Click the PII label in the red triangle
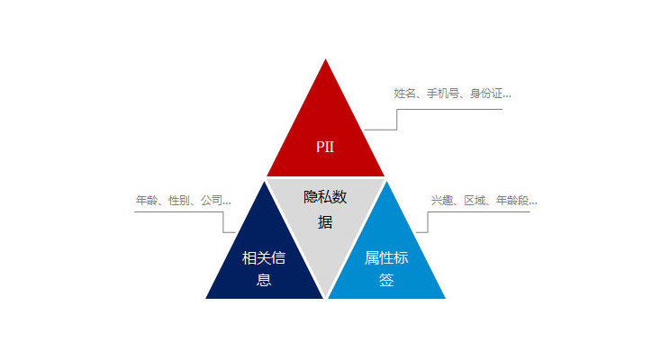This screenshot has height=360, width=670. point(324,146)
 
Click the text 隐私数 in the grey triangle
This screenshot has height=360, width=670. point(325,197)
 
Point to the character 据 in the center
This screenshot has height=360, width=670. point(325,221)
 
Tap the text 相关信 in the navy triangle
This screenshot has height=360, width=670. point(264,258)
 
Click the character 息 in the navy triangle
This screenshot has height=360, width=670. point(264,280)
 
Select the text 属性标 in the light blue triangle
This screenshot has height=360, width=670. point(386,258)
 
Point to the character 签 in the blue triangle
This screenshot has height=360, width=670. point(386,280)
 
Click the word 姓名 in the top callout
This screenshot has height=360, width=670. point(403,93)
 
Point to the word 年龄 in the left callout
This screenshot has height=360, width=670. point(146,200)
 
